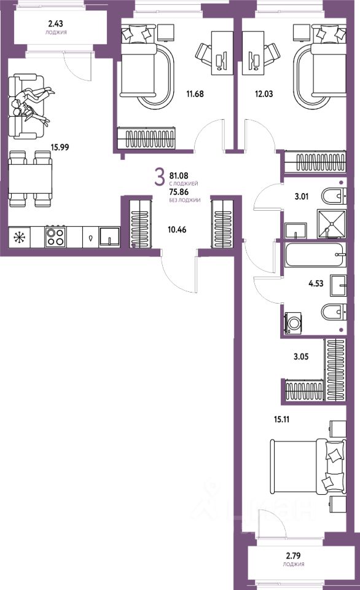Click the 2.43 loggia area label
[56, 23]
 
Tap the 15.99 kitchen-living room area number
[60, 147]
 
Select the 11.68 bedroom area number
[195, 93]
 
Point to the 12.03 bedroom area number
[264, 93]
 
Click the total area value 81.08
[179, 175]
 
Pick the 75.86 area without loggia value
[179, 192]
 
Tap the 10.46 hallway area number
[177, 229]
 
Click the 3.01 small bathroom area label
[301, 196]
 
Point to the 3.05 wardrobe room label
[301, 356]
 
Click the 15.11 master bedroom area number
[281, 419]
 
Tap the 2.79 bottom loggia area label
[294, 556]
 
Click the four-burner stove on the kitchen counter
[55, 237]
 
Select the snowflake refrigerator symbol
[18, 237]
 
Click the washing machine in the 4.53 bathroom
[294, 323]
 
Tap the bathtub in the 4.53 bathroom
[315, 254]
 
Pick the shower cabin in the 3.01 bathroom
[331, 224]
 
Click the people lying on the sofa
[31, 104]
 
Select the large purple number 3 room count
[160, 177]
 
